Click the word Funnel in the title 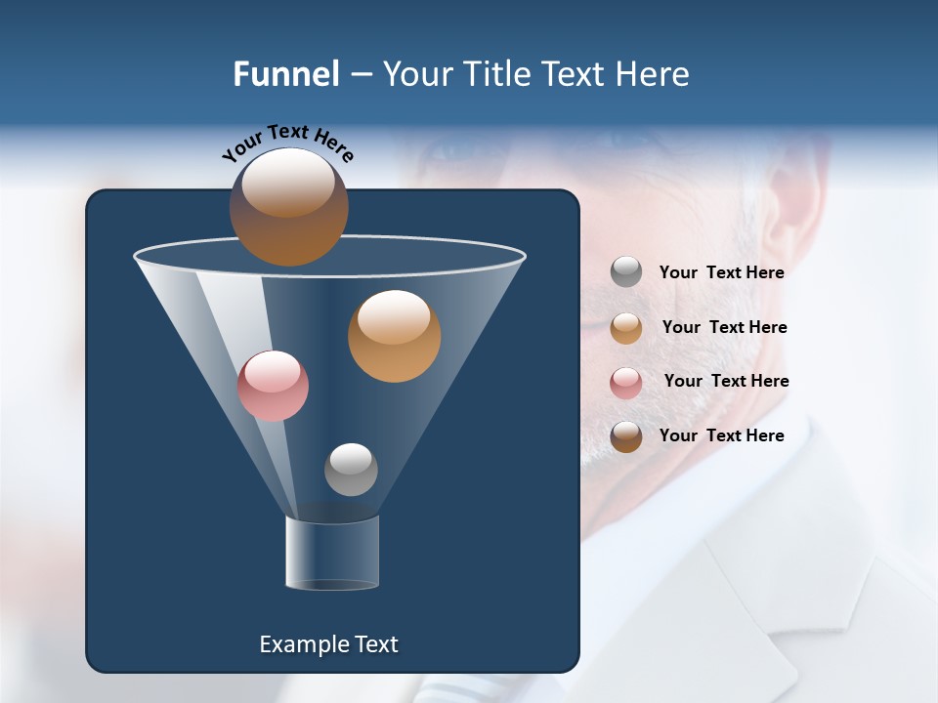coord(286,74)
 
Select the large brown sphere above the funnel coord(288,206)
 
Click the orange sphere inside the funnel coord(394,336)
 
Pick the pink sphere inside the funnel coord(273,386)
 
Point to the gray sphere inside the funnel coord(351,469)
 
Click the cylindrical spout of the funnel coord(332,553)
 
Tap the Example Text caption coord(328,644)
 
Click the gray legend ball coord(626,272)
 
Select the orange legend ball coord(626,327)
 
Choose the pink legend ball coord(626,382)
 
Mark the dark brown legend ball coord(626,436)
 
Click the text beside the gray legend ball coord(721,272)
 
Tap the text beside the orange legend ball coord(724,327)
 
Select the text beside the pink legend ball coord(726,381)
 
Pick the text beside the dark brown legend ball coord(721,435)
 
